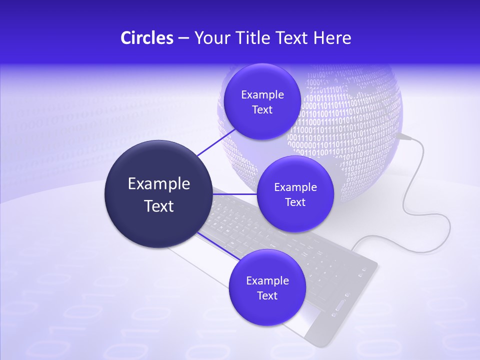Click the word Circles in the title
pos(146,38)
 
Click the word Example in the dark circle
pos(159,184)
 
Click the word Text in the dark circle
pos(159,206)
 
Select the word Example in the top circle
pos(262,95)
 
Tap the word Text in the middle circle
pos(295,202)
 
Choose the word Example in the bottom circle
pos(267,281)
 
